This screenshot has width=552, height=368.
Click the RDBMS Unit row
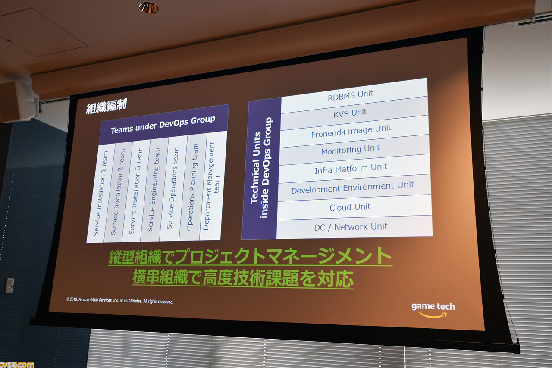tap(354, 96)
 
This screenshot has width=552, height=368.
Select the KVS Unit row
tap(354, 113)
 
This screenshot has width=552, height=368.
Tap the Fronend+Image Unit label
tap(351, 131)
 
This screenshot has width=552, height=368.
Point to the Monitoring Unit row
tap(354, 150)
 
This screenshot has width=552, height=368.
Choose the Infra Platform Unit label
tap(351, 169)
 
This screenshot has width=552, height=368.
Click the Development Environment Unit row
tap(354, 188)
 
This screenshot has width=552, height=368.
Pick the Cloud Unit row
tap(354, 207)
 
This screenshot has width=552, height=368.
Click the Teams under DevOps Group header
tap(163, 125)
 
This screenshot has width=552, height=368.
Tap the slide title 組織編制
tap(107, 107)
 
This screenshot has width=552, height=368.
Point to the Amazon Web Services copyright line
tap(120, 300)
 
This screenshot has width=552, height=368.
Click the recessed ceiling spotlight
tap(149, 7)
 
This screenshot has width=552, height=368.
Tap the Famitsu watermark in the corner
tap(17, 365)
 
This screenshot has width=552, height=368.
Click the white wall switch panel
tap(9, 286)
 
